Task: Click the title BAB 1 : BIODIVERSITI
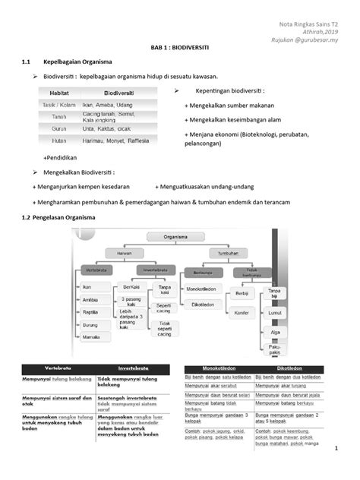coord(180,47)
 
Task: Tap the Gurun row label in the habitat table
coord(58,128)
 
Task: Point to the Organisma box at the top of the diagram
coord(180,236)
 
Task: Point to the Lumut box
coord(276,311)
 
